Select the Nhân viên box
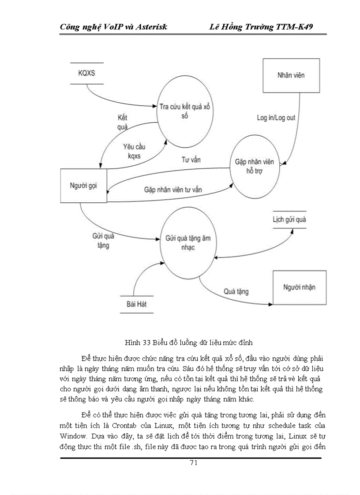point(291,75)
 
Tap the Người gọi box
point(83,186)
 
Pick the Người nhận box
point(300,287)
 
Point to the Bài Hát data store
point(136,304)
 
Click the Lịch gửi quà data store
point(289,220)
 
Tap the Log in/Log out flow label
point(276,118)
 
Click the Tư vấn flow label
point(191,160)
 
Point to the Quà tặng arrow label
point(236,291)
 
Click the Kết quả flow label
point(122,123)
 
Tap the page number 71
point(193,462)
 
